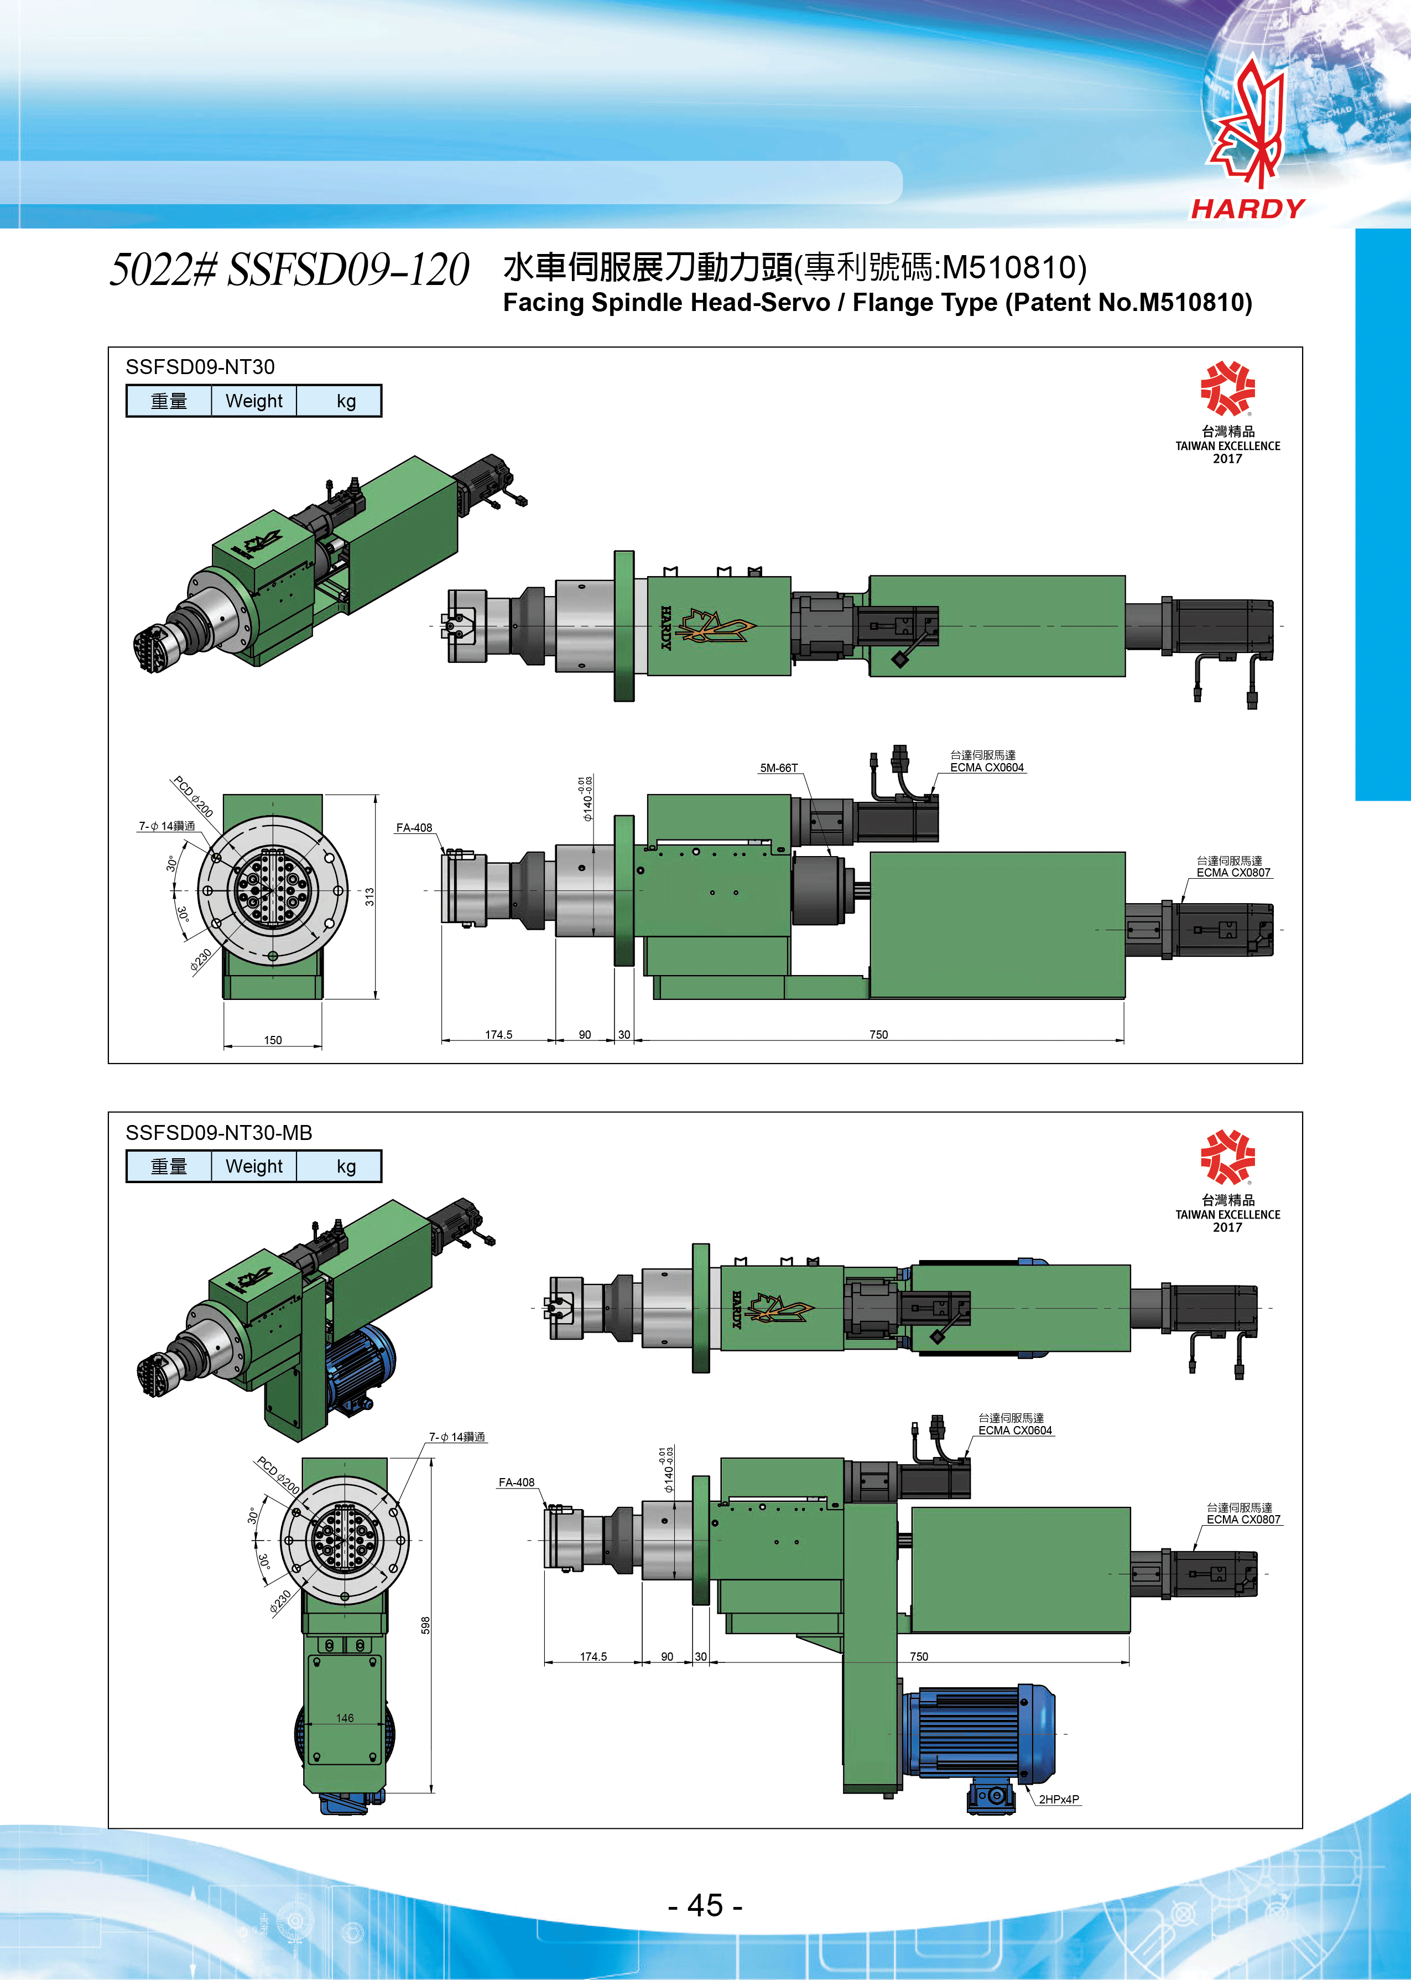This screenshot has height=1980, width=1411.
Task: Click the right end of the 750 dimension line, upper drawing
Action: [1124, 1040]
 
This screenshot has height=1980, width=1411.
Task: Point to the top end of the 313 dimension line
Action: [376, 795]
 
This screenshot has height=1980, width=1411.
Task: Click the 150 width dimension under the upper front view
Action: [273, 1040]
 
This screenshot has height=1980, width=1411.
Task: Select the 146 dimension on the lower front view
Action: [345, 1718]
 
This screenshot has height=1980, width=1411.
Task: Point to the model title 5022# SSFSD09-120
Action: [289, 269]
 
